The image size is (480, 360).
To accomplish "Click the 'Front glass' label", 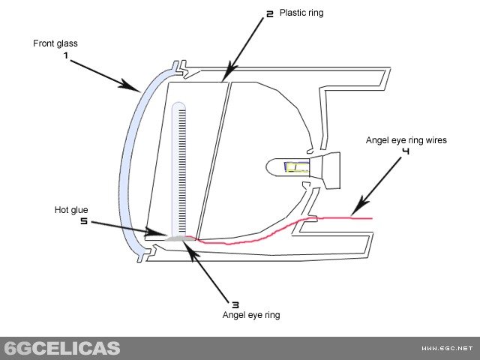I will (55, 43).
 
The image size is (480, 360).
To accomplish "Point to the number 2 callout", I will (269, 13).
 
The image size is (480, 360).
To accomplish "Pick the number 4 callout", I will (405, 151).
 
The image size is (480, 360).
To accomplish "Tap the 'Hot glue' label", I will (73, 209).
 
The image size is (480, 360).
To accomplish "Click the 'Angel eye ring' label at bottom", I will (251, 315).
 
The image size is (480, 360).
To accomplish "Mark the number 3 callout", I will (235, 304).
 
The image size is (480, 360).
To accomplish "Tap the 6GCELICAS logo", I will (61, 348).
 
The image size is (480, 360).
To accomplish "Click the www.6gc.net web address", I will (447, 349).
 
